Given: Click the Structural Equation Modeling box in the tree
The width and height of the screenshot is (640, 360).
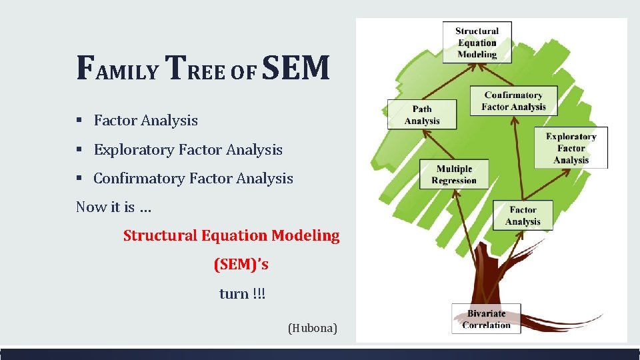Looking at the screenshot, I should click(477, 43).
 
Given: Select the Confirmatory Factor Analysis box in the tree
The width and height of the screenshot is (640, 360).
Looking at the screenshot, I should click(513, 101).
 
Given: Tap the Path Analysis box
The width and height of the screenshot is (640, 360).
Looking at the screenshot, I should click(422, 115).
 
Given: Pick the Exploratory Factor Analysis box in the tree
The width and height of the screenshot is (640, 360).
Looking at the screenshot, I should click(571, 148).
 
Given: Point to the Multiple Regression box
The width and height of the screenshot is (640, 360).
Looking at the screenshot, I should click(454, 175).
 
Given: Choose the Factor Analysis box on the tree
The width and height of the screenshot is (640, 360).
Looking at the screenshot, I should click(523, 215).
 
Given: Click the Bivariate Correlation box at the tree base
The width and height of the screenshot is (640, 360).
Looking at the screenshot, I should click(486, 319).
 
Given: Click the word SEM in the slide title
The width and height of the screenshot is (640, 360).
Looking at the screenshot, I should click(296, 69).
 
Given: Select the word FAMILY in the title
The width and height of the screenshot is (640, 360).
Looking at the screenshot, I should click(117, 69).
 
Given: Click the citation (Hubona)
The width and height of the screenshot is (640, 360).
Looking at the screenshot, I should click(312, 328).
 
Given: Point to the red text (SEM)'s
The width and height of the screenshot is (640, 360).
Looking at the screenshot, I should click(241, 265).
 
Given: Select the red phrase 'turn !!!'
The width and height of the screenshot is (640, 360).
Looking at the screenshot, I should click(242, 294).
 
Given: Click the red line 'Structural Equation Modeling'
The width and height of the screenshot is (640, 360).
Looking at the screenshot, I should click(231, 235).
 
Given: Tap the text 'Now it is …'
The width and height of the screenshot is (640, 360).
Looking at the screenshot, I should click(114, 207).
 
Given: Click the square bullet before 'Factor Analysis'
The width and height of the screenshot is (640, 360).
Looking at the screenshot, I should click(79, 121).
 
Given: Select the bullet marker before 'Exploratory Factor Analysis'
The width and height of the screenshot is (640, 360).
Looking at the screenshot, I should click(79, 150).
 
